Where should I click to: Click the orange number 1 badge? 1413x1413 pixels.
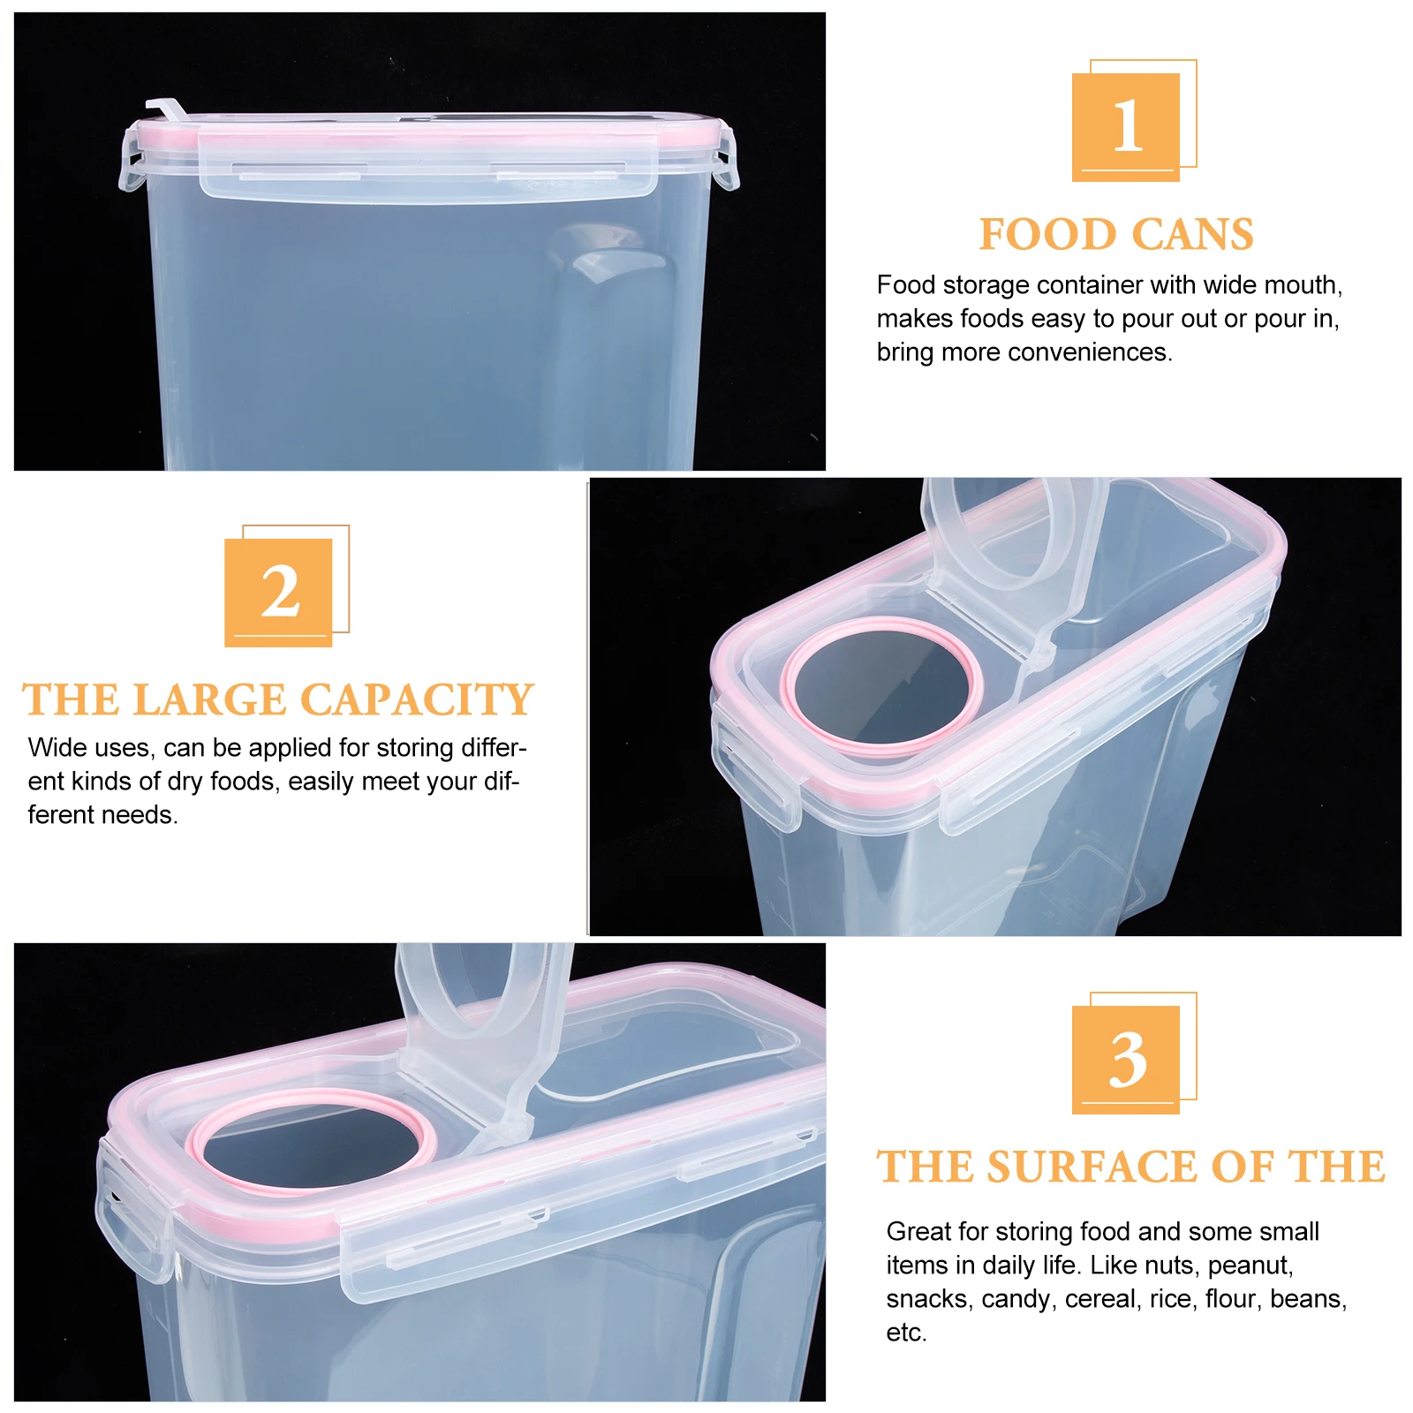click(1126, 126)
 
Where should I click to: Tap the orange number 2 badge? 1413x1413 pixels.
click(278, 592)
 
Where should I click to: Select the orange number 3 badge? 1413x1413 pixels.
click(1126, 1059)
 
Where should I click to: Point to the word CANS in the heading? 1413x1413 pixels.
click(1192, 235)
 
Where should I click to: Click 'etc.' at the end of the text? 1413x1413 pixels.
click(906, 1333)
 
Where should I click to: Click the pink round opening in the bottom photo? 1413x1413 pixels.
click(314, 1141)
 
